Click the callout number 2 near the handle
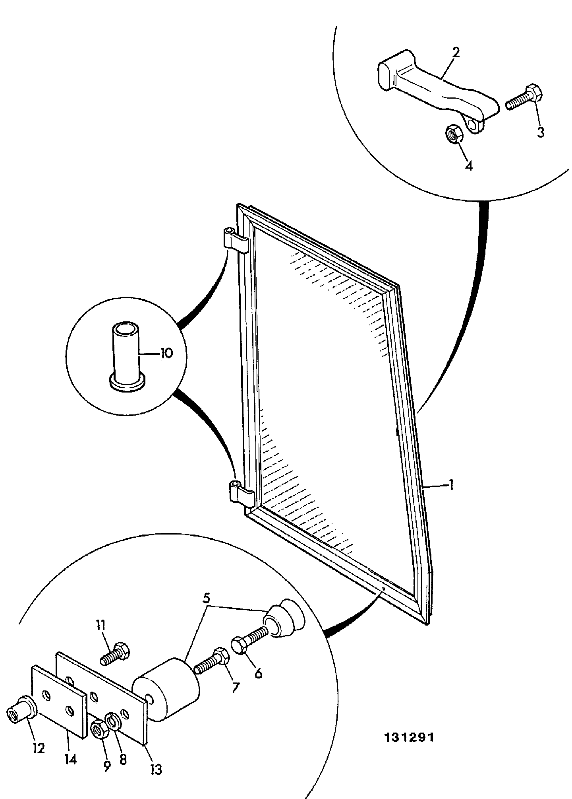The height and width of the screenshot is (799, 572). point(456,52)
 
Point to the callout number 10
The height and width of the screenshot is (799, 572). point(166,353)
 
